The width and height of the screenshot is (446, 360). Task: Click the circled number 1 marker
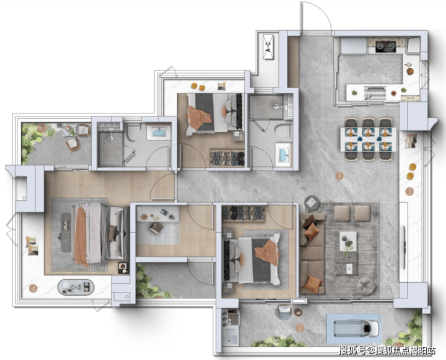pyautogui.click(x=339, y=176)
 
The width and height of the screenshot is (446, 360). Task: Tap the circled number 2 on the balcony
pyautogui.click(x=300, y=328)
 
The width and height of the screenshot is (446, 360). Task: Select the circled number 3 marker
pyautogui.click(x=409, y=192)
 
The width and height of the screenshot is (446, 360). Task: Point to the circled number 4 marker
pyautogui.click(x=33, y=289)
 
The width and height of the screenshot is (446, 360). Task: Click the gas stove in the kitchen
pyautogui.click(x=385, y=46)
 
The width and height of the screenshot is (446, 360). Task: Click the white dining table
pyautogui.click(x=368, y=139)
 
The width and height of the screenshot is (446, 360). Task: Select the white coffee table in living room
pyautogui.click(x=348, y=241)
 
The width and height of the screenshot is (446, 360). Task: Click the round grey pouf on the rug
pyautogui.click(x=366, y=285)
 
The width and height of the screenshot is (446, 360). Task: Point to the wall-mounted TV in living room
pyautogui.click(x=404, y=247)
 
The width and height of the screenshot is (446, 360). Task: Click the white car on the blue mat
pyautogui.click(x=357, y=328)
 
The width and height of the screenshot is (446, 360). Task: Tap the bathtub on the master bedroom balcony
pyautogui.click(x=76, y=287)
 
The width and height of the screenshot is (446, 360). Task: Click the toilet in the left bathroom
pyautogui.click(x=133, y=133)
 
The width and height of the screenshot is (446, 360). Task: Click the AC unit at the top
pyautogui.click(x=268, y=47)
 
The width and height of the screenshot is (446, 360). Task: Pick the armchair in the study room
pyautogui.click(x=156, y=228)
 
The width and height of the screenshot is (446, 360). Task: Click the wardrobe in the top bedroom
pyautogui.click(x=227, y=158)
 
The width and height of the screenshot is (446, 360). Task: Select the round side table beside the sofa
pyautogui.click(x=312, y=203)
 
